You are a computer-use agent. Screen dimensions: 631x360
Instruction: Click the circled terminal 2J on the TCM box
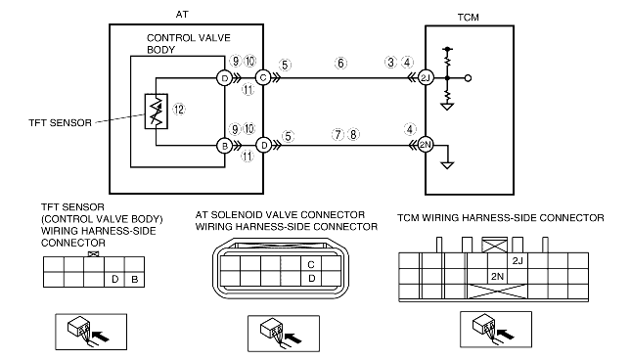point(426,78)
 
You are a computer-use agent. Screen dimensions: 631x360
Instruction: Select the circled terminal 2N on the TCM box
point(426,145)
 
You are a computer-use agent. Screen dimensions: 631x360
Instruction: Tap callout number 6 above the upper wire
point(340,64)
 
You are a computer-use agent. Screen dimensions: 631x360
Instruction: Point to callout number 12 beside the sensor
point(179,109)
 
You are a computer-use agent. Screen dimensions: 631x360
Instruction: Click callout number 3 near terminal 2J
point(390,63)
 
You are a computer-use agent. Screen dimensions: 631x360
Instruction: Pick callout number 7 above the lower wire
point(338,134)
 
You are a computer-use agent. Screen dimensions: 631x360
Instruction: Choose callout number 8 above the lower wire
point(353,134)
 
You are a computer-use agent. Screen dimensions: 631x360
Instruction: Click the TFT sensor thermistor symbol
point(157,112)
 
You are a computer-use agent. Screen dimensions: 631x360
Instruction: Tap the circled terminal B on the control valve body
point(225,146)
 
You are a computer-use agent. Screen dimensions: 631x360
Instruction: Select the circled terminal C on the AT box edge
point(263,77)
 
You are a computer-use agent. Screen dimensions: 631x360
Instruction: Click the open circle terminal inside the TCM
point(468,78)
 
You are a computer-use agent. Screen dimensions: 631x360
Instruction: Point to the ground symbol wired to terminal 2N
point(447,165)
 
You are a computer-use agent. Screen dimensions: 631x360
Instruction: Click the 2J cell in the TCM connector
point(518,260)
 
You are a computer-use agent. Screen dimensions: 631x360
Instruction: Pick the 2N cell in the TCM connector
point(497,276)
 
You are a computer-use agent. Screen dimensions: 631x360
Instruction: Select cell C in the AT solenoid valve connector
point(311,264)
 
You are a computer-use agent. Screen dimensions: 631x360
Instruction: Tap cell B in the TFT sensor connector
point(134,279)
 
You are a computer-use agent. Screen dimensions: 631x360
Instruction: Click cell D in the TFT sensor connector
point(114,279)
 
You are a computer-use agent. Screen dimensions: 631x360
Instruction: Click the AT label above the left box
point(182,15)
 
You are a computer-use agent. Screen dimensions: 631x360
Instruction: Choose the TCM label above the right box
point(468,18)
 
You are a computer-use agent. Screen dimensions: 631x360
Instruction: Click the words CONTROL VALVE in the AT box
point(189,38)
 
